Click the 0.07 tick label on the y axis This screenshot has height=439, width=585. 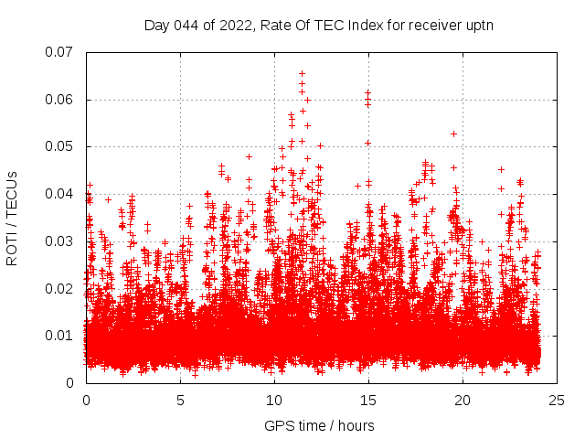tap(61, 52)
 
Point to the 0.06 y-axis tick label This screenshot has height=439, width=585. tap(61, 100)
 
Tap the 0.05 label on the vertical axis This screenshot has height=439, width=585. tap(61, 146)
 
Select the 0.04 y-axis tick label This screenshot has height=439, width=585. tap(61, 194)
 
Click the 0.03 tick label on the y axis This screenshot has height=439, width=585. tap(61, 241)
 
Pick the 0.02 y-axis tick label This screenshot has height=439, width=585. tap(61, 288)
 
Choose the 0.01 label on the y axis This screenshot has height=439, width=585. tap(61, 336)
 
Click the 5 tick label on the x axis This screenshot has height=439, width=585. tap(180, 401)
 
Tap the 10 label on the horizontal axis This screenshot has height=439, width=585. tap(274, 401)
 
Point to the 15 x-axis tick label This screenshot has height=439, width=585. tap(368, 401)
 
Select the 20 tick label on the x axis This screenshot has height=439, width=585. tap(463, 401)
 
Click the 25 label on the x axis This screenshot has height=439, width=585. tap(557, 401)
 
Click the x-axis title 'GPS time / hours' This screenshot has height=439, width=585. tap(319, 425)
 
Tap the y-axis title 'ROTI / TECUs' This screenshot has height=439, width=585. tap(12, 218)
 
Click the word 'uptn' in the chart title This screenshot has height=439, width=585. tap(478, 25)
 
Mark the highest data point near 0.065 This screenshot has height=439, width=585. tap(302, 73)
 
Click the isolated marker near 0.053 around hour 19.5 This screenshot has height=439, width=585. tap(453, 134)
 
